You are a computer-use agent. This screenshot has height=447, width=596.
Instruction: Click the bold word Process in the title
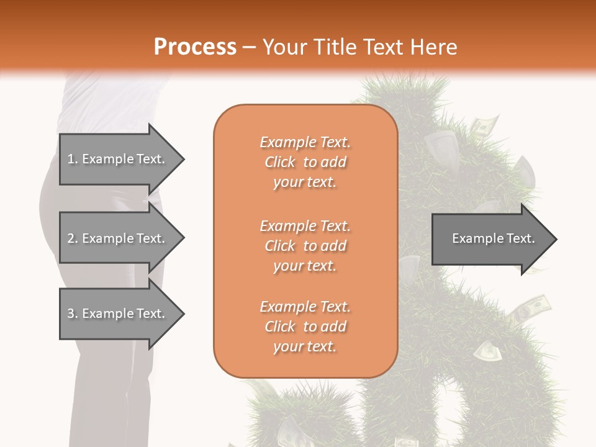coord(195,47)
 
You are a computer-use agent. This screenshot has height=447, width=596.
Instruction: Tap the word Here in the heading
coord(433,47)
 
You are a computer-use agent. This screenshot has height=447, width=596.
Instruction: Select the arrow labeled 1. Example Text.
coord(118,159)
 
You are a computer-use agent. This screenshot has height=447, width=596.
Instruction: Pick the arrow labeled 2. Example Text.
coord(118,238)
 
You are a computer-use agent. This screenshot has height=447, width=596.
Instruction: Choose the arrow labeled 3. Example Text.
coord(118,314)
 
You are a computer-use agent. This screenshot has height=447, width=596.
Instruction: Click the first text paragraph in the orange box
coord(305,162)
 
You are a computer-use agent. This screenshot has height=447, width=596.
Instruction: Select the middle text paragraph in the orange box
coord(305,246)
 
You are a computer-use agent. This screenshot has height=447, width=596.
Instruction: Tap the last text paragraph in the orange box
coord(305,327)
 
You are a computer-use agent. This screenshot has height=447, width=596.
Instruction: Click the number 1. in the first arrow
coord(72,159)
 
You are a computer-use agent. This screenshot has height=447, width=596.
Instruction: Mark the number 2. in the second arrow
coord(72,238)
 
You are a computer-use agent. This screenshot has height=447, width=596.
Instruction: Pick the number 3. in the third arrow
coord(72,314)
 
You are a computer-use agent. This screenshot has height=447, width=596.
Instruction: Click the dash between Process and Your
coord(250,47)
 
